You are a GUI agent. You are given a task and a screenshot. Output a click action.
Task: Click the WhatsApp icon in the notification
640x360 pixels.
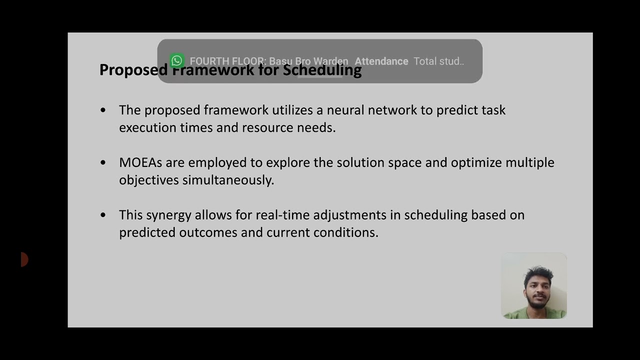[x=176, y=61]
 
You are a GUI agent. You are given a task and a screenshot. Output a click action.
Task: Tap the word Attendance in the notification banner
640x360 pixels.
[x=381, y=61]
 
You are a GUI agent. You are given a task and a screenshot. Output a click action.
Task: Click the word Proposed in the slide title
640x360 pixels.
[x=132, y=70]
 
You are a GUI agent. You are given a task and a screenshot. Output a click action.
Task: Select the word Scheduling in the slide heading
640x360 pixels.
[x=322, y=70]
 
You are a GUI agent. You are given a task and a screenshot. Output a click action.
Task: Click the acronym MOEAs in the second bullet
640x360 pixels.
[x=140, y=162]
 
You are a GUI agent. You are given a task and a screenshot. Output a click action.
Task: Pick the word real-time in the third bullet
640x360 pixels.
[x=282, y=215]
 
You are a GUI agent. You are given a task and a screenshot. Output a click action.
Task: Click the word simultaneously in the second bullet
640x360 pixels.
[x=228, y=180]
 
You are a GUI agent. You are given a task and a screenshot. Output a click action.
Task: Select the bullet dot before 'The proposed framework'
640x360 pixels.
[x=103, y=110]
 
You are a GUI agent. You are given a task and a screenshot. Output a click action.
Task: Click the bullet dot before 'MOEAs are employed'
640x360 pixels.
[x=103, y=162]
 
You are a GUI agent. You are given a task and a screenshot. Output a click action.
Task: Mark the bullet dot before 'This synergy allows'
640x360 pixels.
[x=103, y=215]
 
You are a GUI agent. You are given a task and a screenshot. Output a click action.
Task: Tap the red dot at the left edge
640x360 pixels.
[x=24, y=259]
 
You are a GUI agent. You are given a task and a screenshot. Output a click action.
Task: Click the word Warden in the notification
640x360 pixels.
[x=330, y=61]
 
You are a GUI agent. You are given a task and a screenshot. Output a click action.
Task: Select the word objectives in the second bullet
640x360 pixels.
[x=148, y=180]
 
